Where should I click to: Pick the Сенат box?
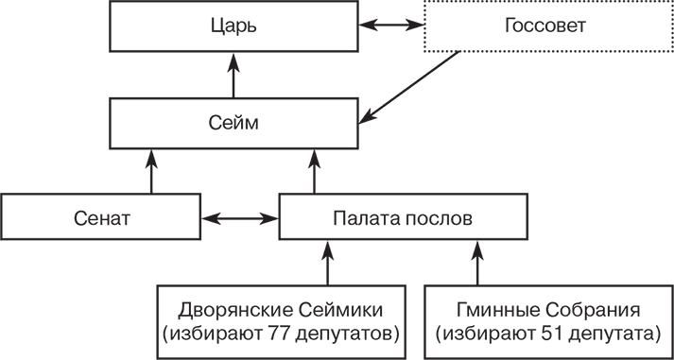pyautogui.click(x=100, y=217)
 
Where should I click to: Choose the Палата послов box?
pyautogui.click(x=402, y=217)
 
